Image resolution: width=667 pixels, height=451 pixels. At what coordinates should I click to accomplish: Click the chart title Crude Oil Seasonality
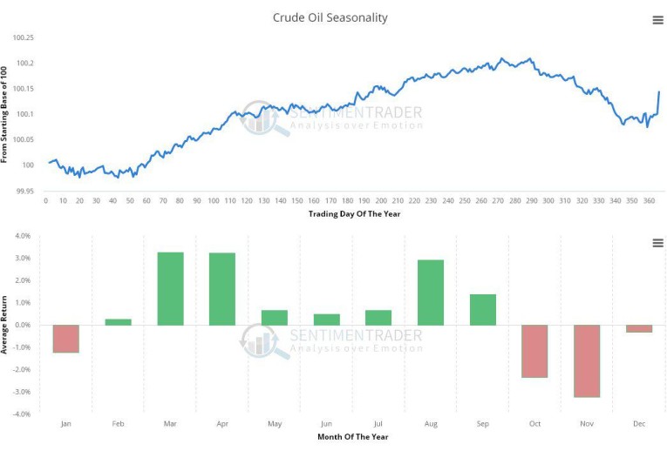tap(330, 17)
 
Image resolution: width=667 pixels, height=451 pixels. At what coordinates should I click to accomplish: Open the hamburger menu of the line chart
tap(657, 20)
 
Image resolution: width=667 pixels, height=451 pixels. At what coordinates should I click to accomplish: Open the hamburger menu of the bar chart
tap(657, 243)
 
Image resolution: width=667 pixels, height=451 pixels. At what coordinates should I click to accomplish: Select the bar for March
tap(170, 289)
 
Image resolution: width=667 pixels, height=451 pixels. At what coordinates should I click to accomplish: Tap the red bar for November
tap(587, 360)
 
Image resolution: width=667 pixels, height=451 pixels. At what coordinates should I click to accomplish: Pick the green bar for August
tap(431, 293)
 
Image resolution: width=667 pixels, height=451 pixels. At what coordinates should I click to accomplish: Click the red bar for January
tap(66, 339)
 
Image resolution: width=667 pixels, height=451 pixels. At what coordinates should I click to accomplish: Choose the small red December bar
tap(639, 328)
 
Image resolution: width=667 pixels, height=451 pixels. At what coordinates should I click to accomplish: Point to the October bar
tap(534, 351)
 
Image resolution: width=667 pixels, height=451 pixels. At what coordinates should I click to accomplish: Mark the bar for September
tap(482, 310)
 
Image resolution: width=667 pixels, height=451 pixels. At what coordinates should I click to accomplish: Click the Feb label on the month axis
tap(119, 424)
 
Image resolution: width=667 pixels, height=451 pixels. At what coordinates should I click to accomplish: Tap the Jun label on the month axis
tap(326, 424)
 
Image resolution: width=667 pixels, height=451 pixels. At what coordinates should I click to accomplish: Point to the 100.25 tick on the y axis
tap(23, 37)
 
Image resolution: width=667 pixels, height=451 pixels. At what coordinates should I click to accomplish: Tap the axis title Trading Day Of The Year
tap(354, 213)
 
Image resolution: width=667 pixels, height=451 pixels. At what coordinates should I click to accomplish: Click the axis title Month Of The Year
tap(353, 436)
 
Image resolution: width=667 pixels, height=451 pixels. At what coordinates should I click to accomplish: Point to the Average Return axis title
tap(5, 325)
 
